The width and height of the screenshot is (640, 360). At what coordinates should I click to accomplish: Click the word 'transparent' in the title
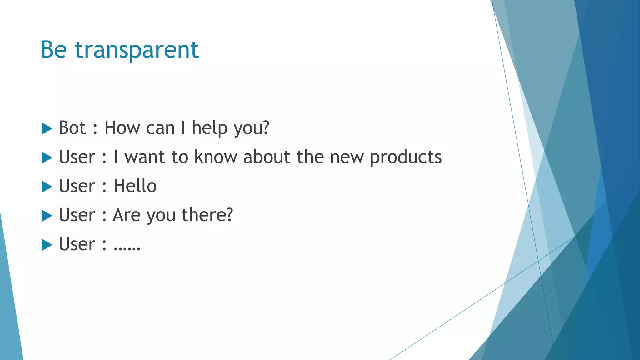tap(137, 50)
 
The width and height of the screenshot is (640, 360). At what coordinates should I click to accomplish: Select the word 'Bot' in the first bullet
tap(72, 128)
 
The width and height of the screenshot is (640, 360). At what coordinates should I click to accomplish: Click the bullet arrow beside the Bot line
tap(47, 128)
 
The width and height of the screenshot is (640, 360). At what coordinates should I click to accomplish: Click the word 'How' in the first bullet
tap(122, 128)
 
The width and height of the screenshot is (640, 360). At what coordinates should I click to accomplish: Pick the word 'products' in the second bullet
tap(406, 157)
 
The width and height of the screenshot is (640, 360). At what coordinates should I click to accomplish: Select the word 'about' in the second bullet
tap(267, 157)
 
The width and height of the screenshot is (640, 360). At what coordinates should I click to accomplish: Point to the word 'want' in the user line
tap(144, 157)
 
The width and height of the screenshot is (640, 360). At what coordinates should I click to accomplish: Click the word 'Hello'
tap(135, 186)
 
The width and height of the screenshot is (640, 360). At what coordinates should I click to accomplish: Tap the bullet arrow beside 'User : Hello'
tap(47, 187)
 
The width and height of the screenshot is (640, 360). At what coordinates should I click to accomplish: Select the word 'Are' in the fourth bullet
tap(127, 215)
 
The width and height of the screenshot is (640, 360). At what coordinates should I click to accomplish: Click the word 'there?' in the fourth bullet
tap(207, 215)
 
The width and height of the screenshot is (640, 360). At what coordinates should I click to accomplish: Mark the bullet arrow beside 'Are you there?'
tap(47, 216)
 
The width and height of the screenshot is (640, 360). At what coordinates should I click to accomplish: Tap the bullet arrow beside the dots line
tap(47, 245)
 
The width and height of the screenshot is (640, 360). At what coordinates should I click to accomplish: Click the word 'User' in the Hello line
tap(77, 186)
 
